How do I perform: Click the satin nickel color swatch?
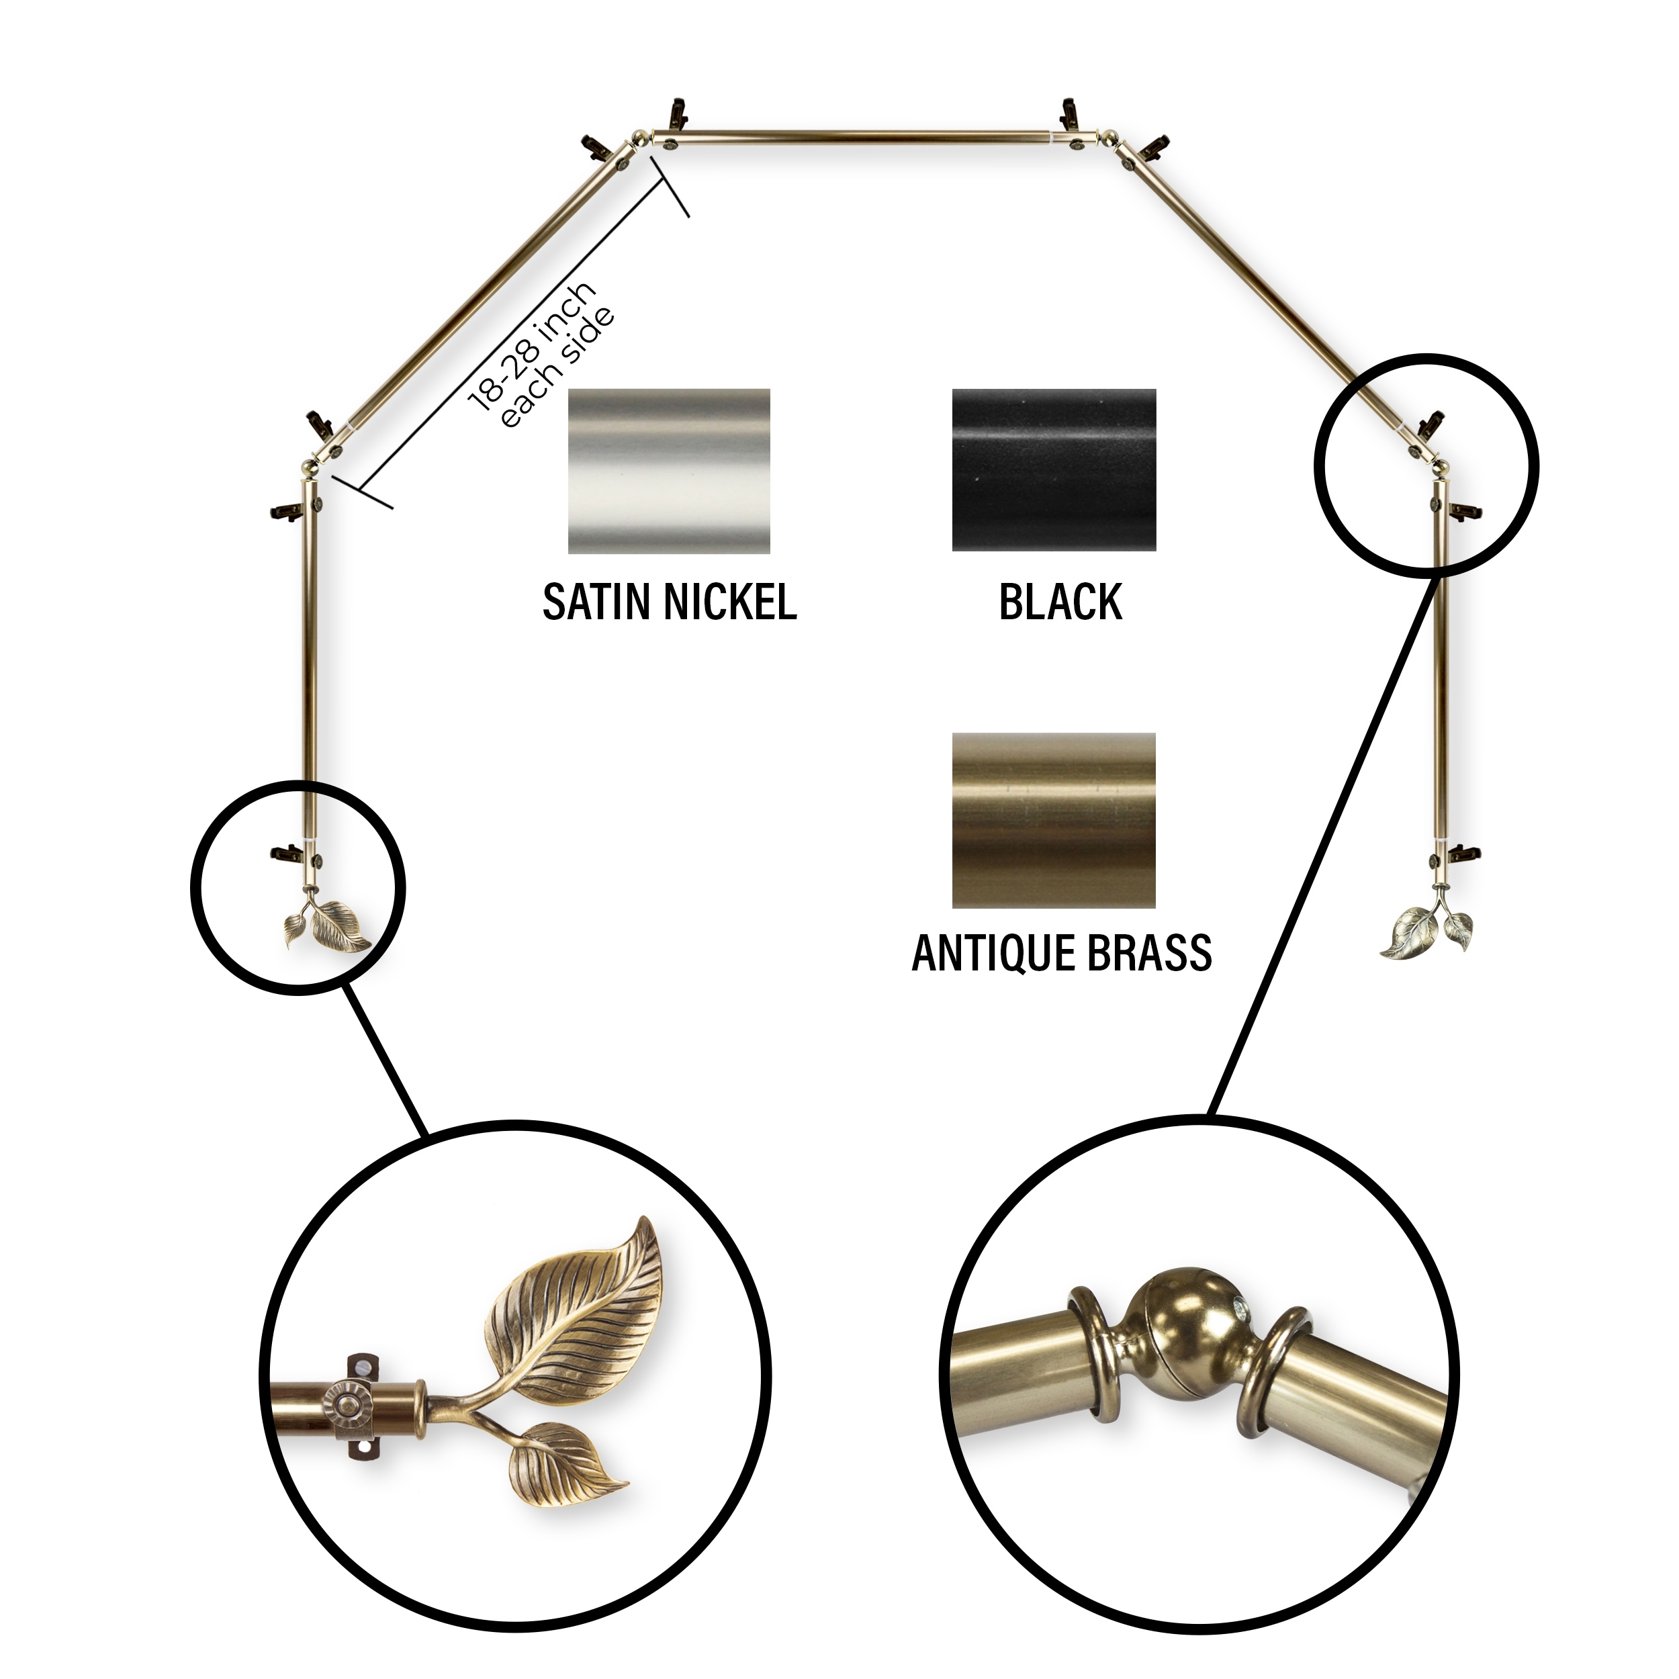(x=669, y=471)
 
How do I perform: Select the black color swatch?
(x=1054, y=469)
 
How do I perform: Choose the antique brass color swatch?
(x=1054, y=821)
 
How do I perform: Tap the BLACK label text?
(x=1060, y=602)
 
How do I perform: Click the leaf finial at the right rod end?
(x=1427, y=932)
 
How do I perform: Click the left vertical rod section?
(x=308, y=660)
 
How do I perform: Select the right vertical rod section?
(x=1441, y=665)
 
